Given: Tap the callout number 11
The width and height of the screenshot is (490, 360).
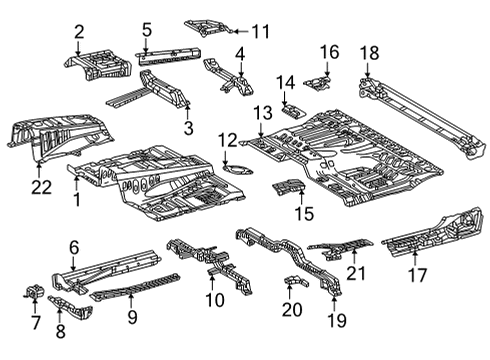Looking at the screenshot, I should [x=261, y=30].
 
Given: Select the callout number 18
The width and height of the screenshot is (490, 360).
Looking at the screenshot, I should [x=369, y=53].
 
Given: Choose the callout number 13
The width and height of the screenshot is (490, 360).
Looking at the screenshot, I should [x=263, y=112].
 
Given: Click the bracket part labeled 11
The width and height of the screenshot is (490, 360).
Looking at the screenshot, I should [x=212, y=25].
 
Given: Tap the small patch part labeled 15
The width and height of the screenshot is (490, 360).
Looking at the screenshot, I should [x=288, y=188].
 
